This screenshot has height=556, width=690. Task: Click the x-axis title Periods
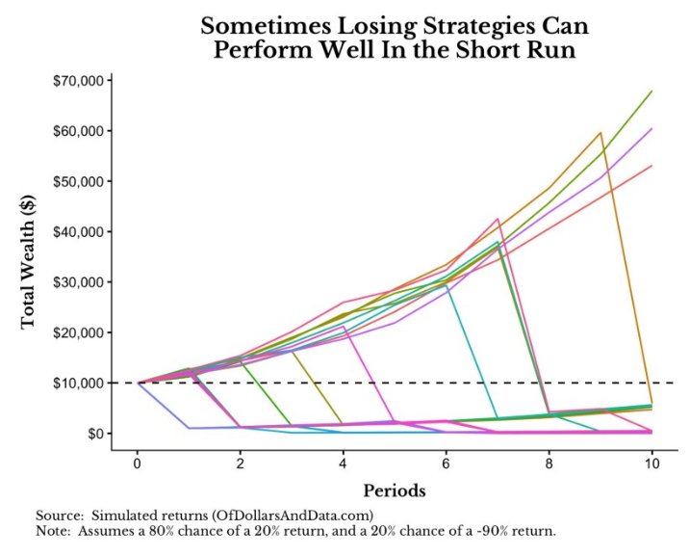395,490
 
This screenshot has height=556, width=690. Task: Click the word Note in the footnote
53,531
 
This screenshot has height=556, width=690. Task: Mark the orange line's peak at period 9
601,133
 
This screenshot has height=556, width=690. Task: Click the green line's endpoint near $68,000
652,92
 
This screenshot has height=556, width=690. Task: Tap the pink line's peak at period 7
498,219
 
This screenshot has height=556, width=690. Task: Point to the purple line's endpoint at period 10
652,128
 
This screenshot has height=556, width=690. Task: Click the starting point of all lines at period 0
138,383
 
